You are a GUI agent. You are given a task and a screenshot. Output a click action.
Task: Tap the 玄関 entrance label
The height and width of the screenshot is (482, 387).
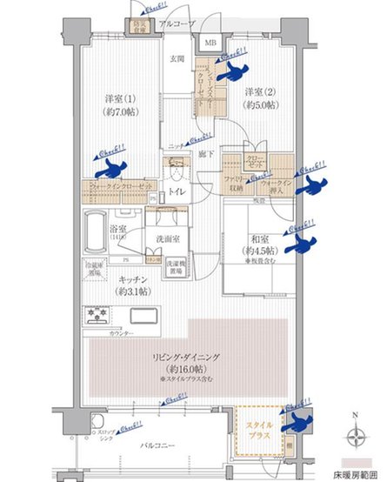coord(176,58)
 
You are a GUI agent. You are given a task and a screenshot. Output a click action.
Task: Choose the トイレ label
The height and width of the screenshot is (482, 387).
coord(175,192)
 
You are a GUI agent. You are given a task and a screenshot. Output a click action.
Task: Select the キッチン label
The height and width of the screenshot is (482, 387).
coord(128,279)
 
